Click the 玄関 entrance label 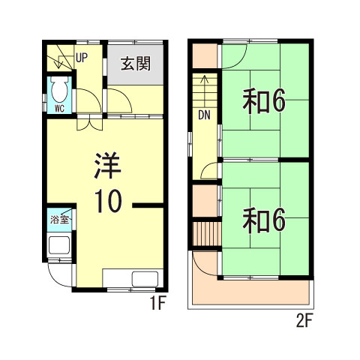(136, 63)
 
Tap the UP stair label (81, 56)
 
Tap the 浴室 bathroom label (59, 220)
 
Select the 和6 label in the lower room (263, 220)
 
